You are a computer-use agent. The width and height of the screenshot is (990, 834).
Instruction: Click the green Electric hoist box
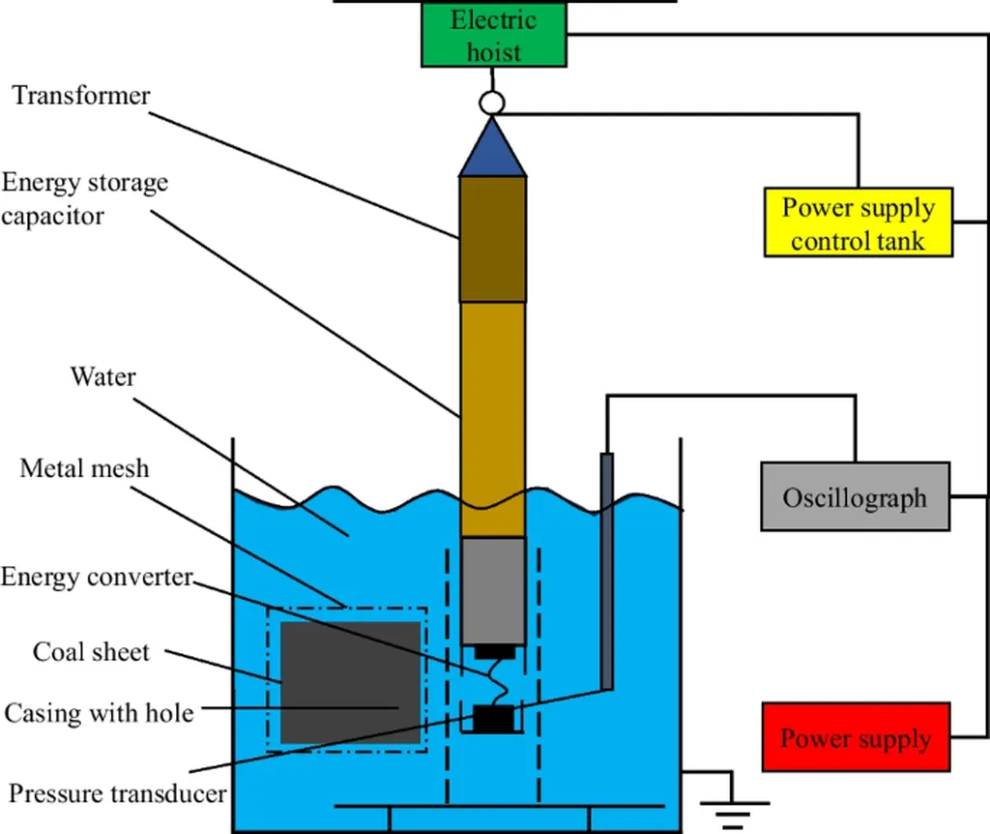(x=493, y=36)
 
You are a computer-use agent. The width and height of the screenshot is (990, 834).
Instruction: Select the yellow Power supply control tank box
(x=858, y=223)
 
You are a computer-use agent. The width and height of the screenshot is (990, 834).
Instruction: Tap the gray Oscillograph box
(x=855, y=497)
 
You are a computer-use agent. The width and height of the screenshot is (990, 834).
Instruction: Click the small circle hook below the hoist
(x=492, y=102)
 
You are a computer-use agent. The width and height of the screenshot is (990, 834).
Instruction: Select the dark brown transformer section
(x=493, y=239)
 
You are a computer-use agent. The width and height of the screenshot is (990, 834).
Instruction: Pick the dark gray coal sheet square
(x=350, y=682)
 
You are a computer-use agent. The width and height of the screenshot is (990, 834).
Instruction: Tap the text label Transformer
(x=81, y=96)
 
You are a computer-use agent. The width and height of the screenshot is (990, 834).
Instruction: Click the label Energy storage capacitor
(x=84, y=198)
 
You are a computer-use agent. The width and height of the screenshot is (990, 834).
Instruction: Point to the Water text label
(x=103, y=375)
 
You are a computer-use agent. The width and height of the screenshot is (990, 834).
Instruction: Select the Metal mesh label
(x=85, y=469)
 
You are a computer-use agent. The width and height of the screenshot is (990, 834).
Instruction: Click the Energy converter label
(x=97, y=578)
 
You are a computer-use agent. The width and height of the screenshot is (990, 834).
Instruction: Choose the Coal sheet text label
(x=91, y=651)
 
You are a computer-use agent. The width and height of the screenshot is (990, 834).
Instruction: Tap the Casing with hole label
(x=99, y=714)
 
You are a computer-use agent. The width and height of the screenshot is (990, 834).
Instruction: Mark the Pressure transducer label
(x=117, y=794)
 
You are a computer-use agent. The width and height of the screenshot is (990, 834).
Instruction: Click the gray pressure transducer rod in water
(x=607, y=571)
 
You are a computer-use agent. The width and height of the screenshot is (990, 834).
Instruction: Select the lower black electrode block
(x=493, y=718)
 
